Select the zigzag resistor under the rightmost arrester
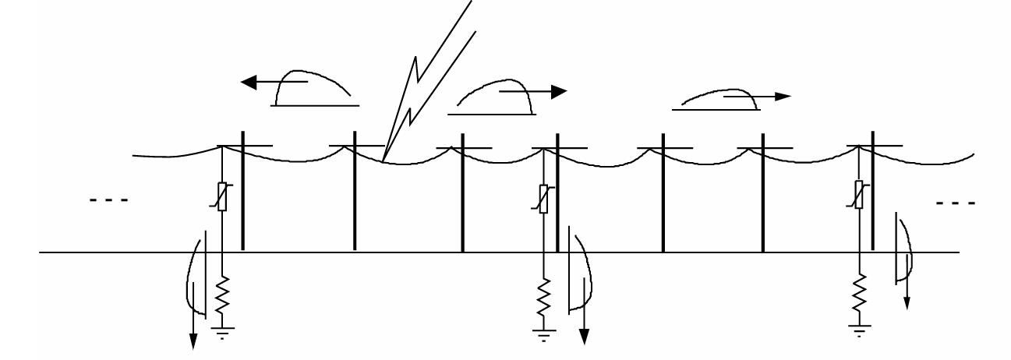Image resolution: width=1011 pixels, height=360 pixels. point(860,292)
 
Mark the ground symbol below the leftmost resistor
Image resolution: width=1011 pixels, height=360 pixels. point(222,332)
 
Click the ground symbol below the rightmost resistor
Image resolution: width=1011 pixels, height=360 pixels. point(860,331)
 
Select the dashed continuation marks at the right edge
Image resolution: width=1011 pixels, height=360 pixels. point(956,203)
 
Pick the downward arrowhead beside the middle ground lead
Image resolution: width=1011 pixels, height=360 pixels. point(582,337)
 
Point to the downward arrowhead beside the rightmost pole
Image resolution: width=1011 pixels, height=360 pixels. point(907,302)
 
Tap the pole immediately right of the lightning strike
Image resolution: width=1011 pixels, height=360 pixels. point(462,195)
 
